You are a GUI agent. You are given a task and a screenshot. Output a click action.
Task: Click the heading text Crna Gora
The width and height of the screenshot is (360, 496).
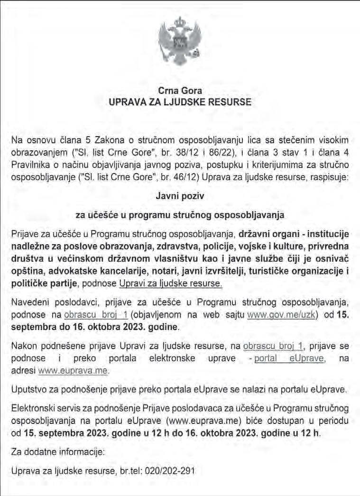point(180,91)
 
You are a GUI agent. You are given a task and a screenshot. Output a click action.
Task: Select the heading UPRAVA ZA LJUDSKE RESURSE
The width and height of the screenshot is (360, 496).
point(180,101)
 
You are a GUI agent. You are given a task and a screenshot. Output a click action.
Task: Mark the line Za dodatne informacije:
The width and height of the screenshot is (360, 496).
point(57,452)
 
